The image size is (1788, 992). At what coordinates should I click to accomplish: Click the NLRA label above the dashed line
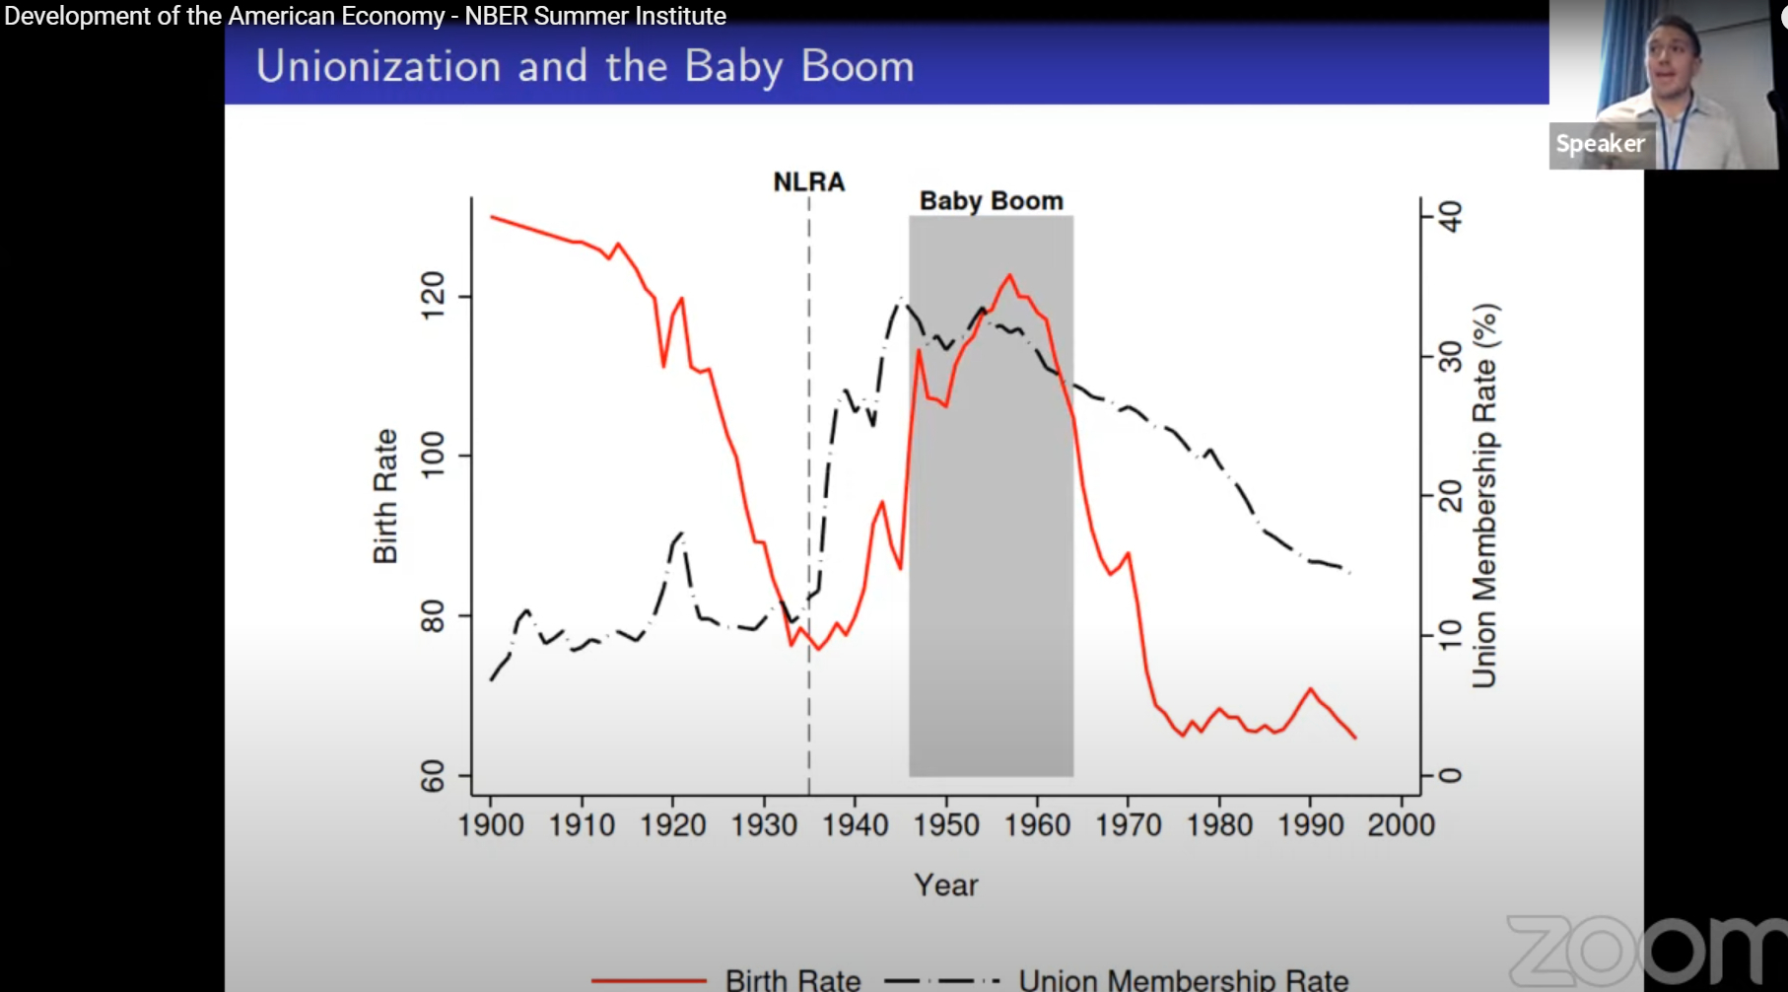click(808, 182)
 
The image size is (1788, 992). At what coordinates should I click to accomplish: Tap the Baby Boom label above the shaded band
click(991, 201)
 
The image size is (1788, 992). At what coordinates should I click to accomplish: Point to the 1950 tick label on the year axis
click(946, 824)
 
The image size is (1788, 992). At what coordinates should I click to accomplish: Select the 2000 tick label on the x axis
click(1401, 824)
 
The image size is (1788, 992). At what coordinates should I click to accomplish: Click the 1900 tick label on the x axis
click(491, 824)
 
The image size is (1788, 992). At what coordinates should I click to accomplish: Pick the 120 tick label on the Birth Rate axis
click(433, 296)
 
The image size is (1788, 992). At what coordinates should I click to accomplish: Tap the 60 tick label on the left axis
click(433, 777)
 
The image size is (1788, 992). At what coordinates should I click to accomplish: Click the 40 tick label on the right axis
click(1450, 216)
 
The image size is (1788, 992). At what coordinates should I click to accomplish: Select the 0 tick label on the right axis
click(1450, 775)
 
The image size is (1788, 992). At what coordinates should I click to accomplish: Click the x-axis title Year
click(946, 886)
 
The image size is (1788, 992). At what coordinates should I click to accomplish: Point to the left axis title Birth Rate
click(385, 496)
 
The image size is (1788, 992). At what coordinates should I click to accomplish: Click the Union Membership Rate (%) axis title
click(1484, 495)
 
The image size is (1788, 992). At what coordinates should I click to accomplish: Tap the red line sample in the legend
click(649, 980)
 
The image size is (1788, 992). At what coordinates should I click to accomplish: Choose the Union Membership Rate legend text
click(1183, 980)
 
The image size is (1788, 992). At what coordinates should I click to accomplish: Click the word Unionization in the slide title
click(379, 67)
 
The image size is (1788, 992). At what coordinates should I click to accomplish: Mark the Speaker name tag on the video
click(1600, 144)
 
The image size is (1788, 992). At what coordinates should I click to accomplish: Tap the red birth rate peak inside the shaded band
click(1009, 276)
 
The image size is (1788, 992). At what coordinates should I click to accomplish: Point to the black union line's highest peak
click(901, 299)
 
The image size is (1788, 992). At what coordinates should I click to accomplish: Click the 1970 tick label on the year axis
click(1129, 824)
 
